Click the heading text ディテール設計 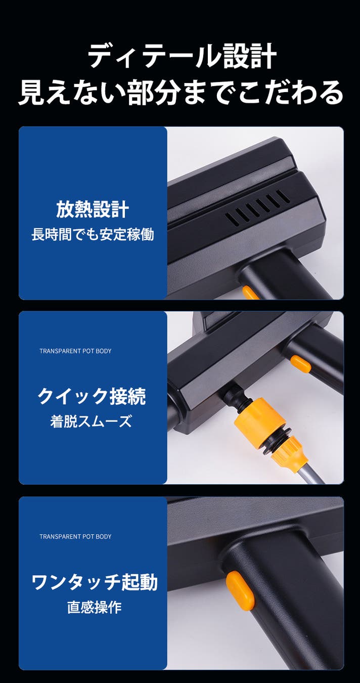[x=182, y=56]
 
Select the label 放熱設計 [x=93, y=209]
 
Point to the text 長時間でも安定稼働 [x=93, y=234]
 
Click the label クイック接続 [x=92, y=396]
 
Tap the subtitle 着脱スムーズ [x=91, y=421]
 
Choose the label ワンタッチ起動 [x=95, y=582]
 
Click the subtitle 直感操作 [x=94, y=607]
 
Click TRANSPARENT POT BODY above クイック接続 [x=75, y=351]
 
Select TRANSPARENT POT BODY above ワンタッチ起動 [x=75, y=536]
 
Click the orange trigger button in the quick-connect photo [x=300, y=364]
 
